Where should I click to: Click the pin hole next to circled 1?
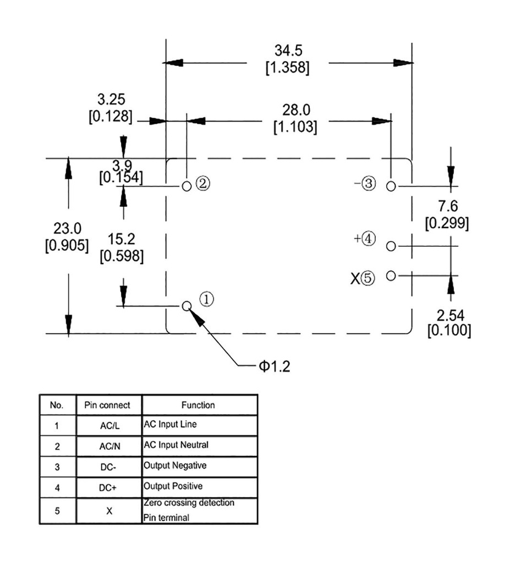click(187, 306)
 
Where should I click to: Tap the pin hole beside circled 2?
click(187, 186)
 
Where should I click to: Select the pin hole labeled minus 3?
click(391, 186)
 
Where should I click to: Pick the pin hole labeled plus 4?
click(391, 246)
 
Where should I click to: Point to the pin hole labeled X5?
click(391, 275)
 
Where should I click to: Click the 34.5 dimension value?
click(288, 51)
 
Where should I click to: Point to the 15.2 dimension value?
click(122, 239)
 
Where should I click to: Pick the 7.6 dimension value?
click(447, 206)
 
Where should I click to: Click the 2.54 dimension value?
click(450, 315)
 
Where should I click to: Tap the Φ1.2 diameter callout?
click(274, 366)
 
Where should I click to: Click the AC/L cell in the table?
click(109, 426)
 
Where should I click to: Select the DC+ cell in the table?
click(109, 487)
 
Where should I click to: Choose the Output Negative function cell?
click(175, 466)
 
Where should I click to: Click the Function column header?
click(198, 405)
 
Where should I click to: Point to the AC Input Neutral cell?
click(176, 445)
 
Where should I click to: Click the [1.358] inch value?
click(287, 68)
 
